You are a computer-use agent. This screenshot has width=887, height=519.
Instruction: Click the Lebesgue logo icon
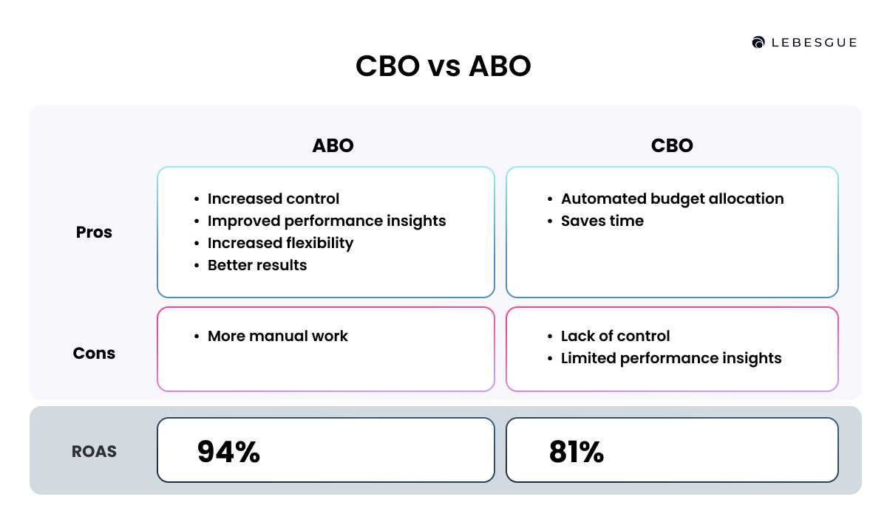point(758,43)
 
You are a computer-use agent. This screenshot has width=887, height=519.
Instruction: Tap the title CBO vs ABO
point(443,66)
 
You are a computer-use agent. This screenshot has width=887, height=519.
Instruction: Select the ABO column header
point(333,145)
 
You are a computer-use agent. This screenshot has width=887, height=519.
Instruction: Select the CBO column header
point(672,145)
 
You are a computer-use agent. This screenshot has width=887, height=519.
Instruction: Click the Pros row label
point(94,232)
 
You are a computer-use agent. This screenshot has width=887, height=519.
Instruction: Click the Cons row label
point(94,353)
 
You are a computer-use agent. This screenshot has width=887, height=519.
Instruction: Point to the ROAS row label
point(94,451)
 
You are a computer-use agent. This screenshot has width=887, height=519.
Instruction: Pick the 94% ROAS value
point(228,452)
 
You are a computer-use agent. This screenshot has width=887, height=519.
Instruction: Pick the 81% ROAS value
point(577,452)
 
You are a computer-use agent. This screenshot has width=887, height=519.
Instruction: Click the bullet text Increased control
point(273,199)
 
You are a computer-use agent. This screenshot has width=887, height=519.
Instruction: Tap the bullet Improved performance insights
point(327,221)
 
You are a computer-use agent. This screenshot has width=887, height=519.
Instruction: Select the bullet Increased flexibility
point(280,243)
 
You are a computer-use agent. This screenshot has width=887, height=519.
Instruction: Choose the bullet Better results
point(257,265)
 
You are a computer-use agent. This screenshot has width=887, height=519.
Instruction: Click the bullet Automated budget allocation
point(672,199)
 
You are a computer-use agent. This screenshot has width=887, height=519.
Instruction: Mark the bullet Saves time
point(602,221)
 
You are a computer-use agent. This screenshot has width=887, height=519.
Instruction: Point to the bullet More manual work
point(277,336)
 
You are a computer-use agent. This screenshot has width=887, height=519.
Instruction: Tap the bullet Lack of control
point(615,336)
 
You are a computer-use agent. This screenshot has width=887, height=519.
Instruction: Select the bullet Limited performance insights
point(671,358)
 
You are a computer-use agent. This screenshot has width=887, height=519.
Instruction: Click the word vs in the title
point(443,67)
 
